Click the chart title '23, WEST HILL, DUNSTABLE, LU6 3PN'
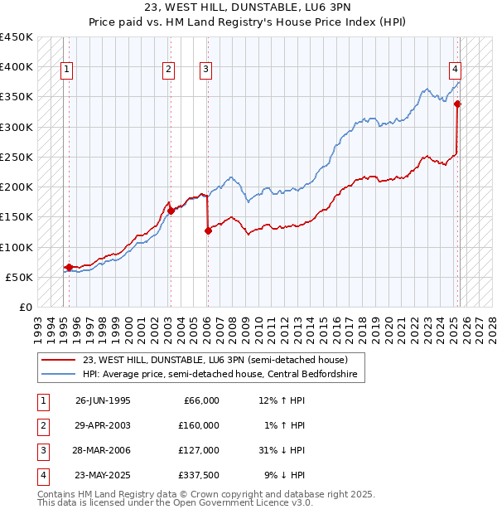248,9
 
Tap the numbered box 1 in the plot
65,70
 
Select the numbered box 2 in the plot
168,70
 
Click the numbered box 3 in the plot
205,70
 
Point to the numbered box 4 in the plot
456,70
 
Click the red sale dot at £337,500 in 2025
457,104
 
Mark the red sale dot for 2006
208,231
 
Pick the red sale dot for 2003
171,211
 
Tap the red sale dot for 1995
69,267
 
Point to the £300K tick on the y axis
17,127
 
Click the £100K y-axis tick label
17,247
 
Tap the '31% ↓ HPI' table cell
282,450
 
